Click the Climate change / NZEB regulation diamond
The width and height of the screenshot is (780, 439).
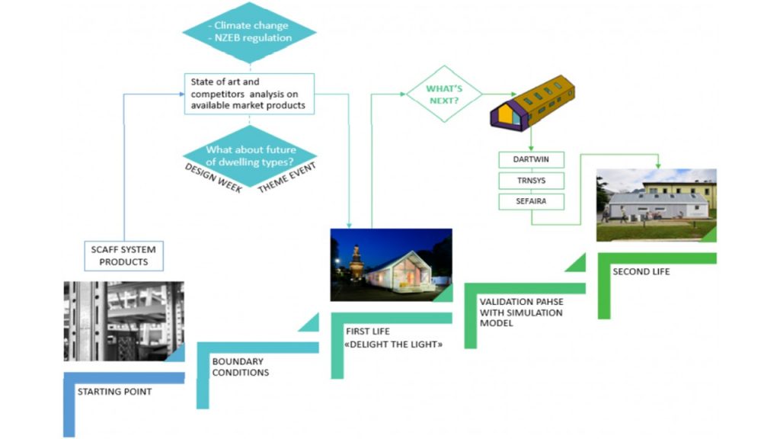click(x=249, y=33)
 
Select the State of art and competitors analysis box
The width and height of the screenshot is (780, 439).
click(x=249, y=94)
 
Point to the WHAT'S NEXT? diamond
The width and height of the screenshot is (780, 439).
click(x=444, y=93)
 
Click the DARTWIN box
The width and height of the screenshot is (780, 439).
click(x=531, y=161)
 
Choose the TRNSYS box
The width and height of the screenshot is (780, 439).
click(x=531, y=181)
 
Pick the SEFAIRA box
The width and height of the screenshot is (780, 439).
click(x=531, y=202)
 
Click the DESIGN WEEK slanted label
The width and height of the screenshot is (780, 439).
click(x=214, y=178)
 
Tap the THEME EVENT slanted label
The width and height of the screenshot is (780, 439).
click(x=286, y=178)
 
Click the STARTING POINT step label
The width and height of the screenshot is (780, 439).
click(x=114, y=392)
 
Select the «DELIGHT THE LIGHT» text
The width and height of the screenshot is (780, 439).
click(x=394, y=344)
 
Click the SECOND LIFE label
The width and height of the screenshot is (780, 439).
click(x=641, y=271)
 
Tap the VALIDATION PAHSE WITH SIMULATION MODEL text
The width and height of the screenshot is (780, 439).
click(x=521, y=312)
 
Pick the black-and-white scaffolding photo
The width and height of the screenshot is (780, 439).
click(x=123, y=321)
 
